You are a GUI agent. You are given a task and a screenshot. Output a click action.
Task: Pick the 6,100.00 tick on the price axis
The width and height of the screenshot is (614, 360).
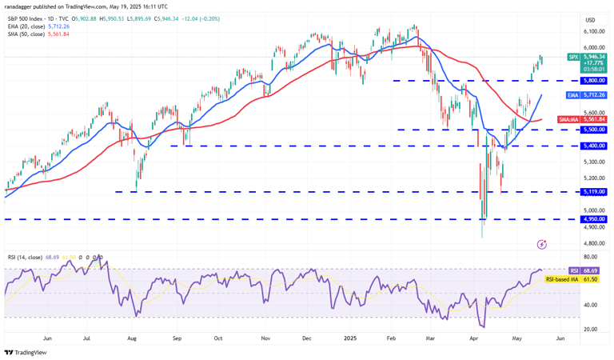594,31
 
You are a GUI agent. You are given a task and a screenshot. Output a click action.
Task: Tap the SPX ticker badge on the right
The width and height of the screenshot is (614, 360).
573,57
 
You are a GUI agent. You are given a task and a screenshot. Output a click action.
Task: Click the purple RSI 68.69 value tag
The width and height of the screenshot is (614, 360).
588,271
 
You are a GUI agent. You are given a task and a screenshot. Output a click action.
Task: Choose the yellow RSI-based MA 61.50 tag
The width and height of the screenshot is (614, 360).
572,279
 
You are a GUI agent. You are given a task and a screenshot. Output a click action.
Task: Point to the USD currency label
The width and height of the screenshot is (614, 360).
590,20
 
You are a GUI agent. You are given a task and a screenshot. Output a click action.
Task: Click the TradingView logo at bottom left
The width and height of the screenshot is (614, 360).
25,352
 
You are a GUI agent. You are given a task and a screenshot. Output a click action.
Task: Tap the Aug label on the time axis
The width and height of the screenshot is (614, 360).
131,338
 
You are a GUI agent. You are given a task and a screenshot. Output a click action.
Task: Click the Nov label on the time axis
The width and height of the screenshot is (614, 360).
265,338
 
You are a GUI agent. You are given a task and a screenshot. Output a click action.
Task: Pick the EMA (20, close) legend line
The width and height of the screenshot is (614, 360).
36,26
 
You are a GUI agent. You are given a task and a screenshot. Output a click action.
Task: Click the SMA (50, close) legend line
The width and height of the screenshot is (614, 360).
36,34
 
